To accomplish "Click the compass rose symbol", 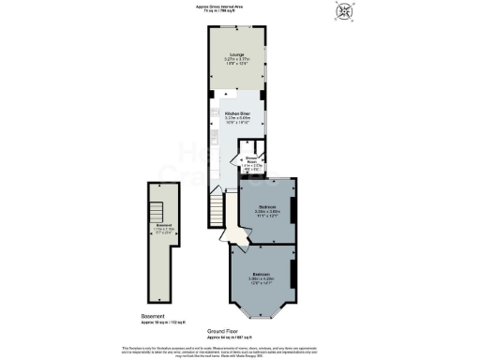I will click(x=343, y=11).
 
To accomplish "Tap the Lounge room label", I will click(x=235, y=55).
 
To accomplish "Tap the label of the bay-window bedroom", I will click(x=262, y=275).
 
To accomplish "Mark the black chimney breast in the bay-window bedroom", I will click(x=294, y=276).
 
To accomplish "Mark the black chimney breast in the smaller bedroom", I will click(x=294, y=211).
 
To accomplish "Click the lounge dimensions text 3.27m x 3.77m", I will click(x=235, y=61).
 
